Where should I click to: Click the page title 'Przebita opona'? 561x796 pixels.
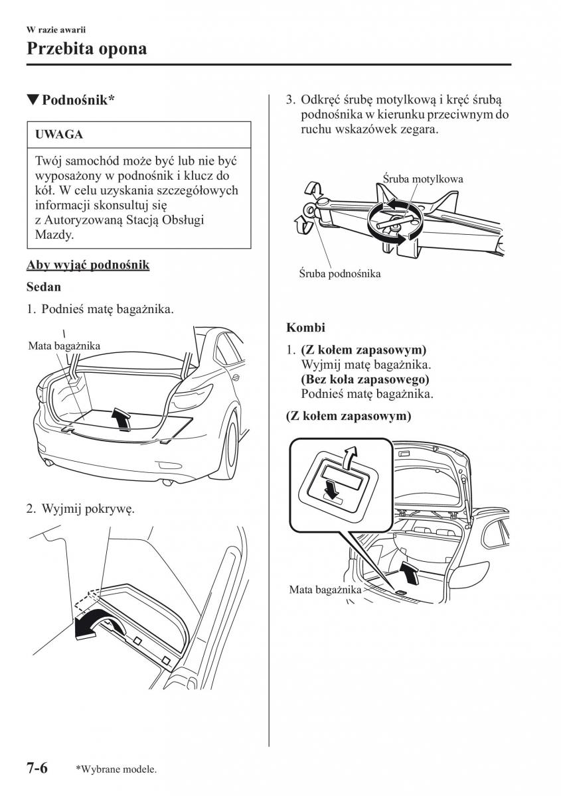tap(86, 48)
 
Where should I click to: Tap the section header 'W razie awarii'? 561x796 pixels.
tap(56, 30)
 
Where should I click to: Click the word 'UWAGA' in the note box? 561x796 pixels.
tap(60, 135)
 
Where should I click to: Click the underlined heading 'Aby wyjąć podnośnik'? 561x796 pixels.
tap(88, 265)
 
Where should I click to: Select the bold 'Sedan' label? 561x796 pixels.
tap(44, 287)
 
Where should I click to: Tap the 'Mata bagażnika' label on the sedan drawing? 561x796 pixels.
tap(64, 346)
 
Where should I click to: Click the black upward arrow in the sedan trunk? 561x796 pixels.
tap(121, 419)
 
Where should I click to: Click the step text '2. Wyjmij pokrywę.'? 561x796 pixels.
tap(80, 509)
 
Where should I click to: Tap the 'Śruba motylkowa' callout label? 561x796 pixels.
tap(423, 179)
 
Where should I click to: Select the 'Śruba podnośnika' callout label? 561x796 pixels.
tap(340, 273)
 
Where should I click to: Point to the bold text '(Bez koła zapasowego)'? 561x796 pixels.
tap(364, 379)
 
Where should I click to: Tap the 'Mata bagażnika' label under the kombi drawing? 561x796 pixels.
tap(325, 590)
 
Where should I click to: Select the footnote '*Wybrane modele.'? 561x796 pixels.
tap(116, 769)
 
